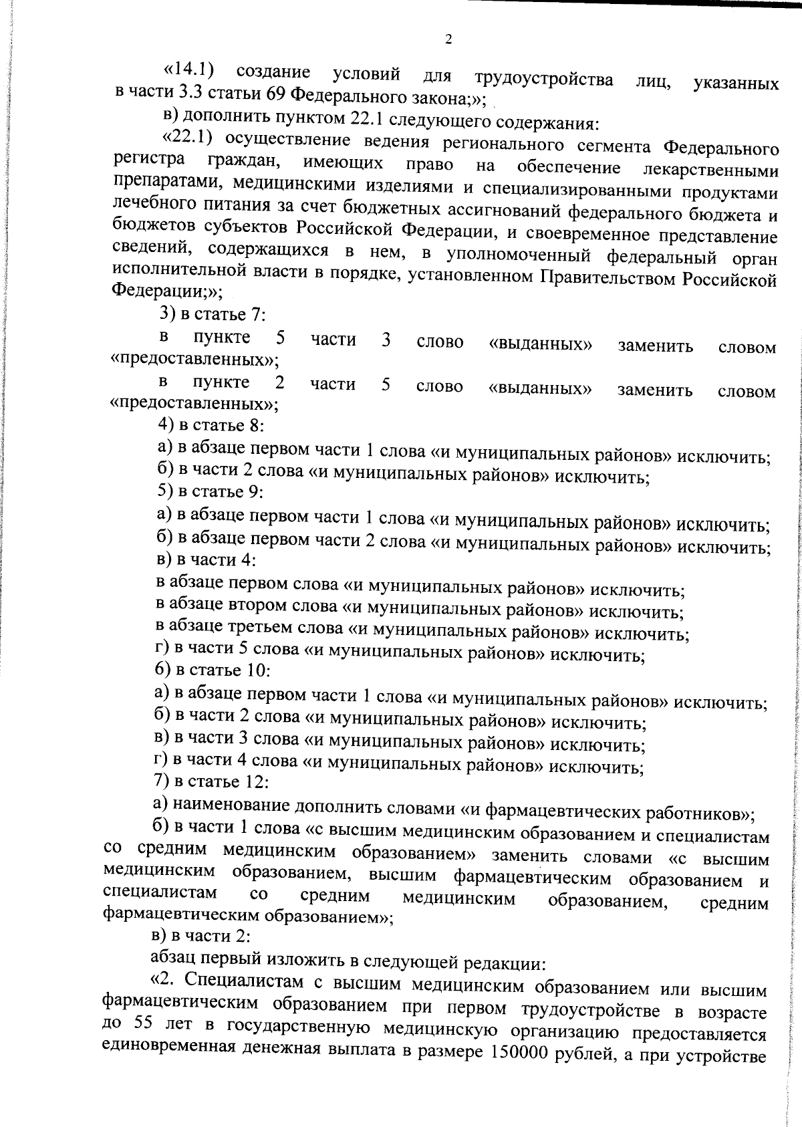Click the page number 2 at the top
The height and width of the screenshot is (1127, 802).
(448, 39)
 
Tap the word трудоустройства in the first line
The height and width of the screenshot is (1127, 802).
(544, 78)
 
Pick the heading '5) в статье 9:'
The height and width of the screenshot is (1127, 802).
(210, 491)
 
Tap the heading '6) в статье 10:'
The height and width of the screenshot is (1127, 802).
(212, 669)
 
